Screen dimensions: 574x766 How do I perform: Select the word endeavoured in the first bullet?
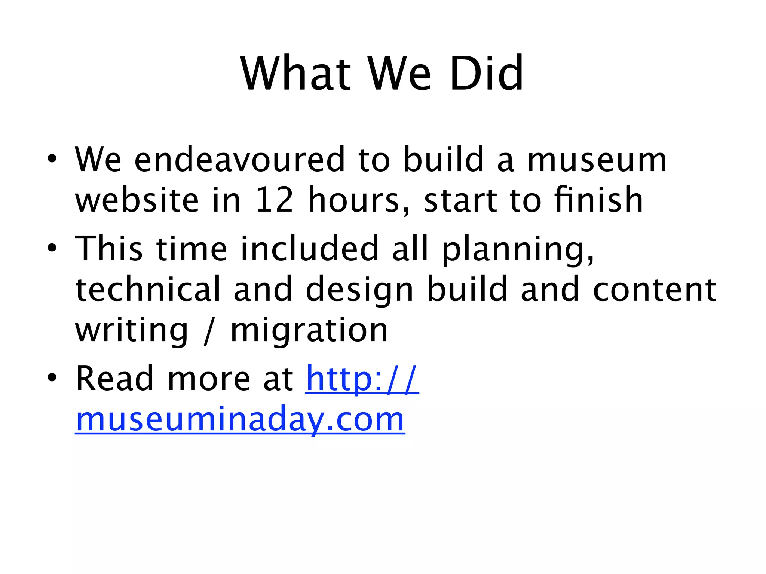(239, 160)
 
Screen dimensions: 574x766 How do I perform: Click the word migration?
(309, 330)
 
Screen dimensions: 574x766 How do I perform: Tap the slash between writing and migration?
(208, 330)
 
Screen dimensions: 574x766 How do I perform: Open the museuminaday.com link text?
(240, 419)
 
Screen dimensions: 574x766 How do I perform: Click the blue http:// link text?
(362, 379)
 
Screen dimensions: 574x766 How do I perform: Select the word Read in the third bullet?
(114, 379)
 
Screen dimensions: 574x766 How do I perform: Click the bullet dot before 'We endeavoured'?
(52, 160)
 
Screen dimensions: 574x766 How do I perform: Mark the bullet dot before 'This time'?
(52, 248)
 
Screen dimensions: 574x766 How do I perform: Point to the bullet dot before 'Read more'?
(52, 377)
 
